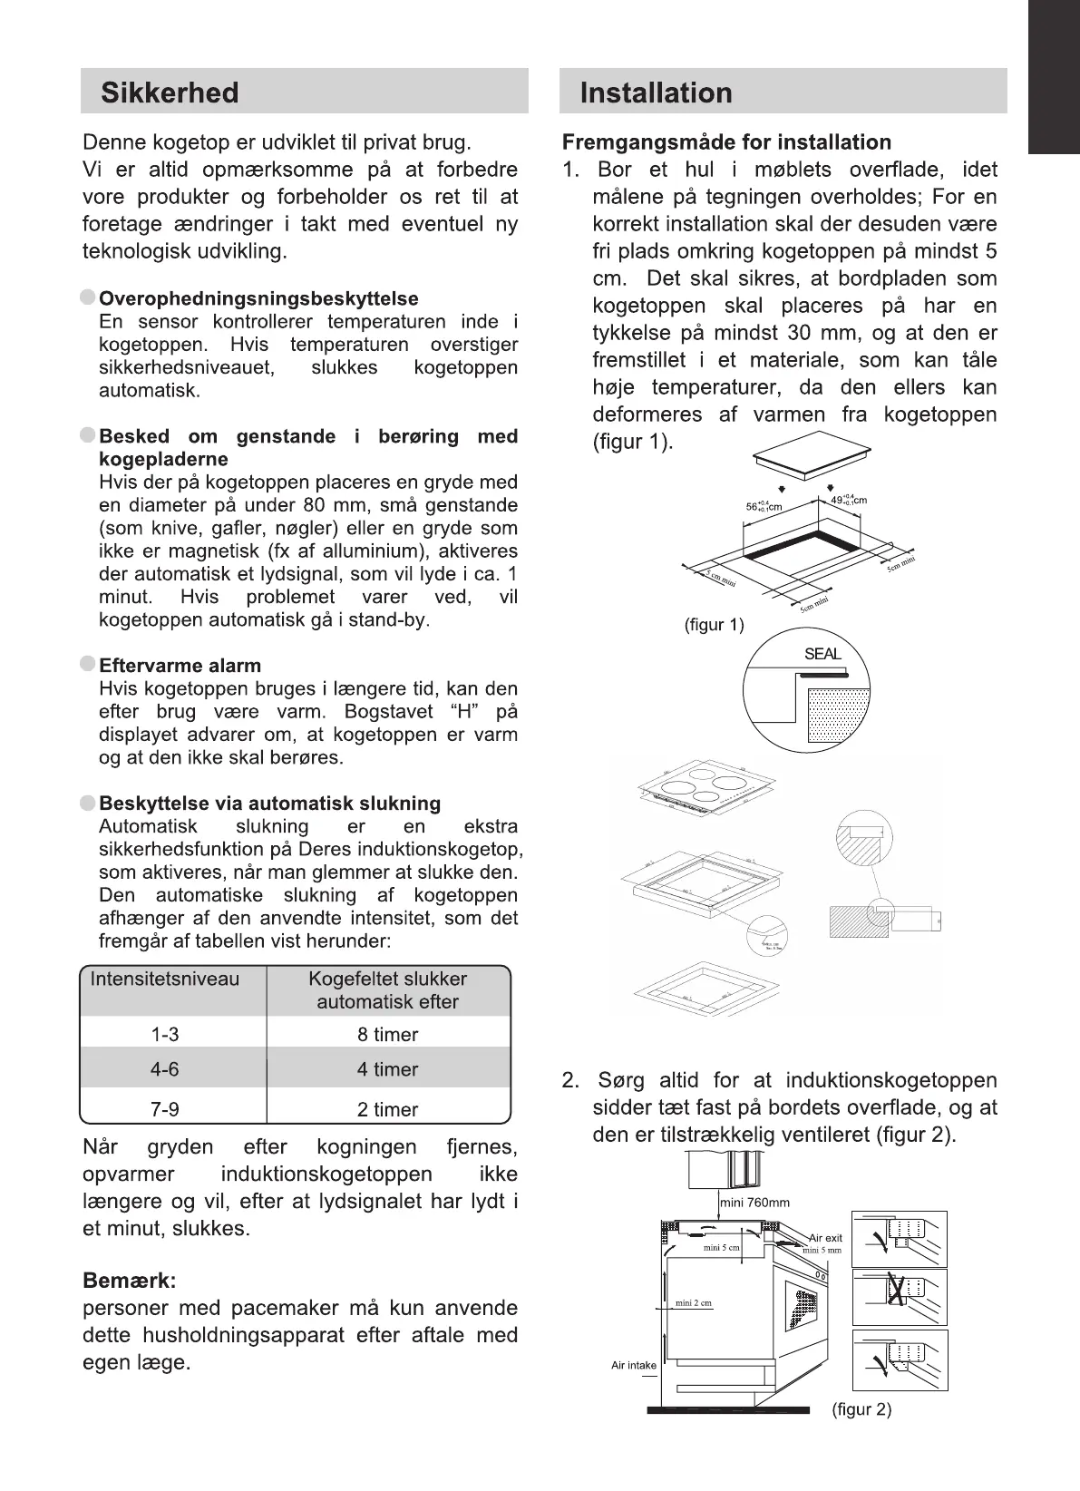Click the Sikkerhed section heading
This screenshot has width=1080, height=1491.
(170, 93)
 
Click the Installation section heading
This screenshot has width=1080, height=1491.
(656, 93)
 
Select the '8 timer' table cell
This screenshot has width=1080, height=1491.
(387, 1034)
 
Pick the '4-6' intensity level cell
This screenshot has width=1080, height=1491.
(164, 1069)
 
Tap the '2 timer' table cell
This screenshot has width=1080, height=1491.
(387, 1109)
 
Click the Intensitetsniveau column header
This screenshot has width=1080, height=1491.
(165, 979)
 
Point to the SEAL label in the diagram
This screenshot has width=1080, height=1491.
(822, 654)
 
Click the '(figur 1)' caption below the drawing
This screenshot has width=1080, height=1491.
(714, 625)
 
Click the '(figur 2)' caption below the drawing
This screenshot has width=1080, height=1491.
(861, 1409)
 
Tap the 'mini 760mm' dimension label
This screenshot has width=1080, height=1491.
(755, 1203)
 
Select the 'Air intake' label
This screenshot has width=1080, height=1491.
(634, 1365)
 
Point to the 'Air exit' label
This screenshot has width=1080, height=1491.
(825, 1237)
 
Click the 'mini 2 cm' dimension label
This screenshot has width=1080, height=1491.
(694, 1303)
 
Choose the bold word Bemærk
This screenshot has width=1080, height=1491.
(129, 1281)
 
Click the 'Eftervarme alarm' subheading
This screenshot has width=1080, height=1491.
(180, 666)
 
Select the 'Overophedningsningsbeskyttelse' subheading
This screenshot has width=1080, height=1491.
(258, 298)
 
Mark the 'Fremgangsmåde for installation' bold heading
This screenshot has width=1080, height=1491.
(726, 142)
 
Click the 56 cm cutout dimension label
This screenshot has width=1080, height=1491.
(764, 506)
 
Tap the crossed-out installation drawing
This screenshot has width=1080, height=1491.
(900, 1297)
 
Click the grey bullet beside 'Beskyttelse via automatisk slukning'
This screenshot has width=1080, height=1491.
(88, 804)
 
